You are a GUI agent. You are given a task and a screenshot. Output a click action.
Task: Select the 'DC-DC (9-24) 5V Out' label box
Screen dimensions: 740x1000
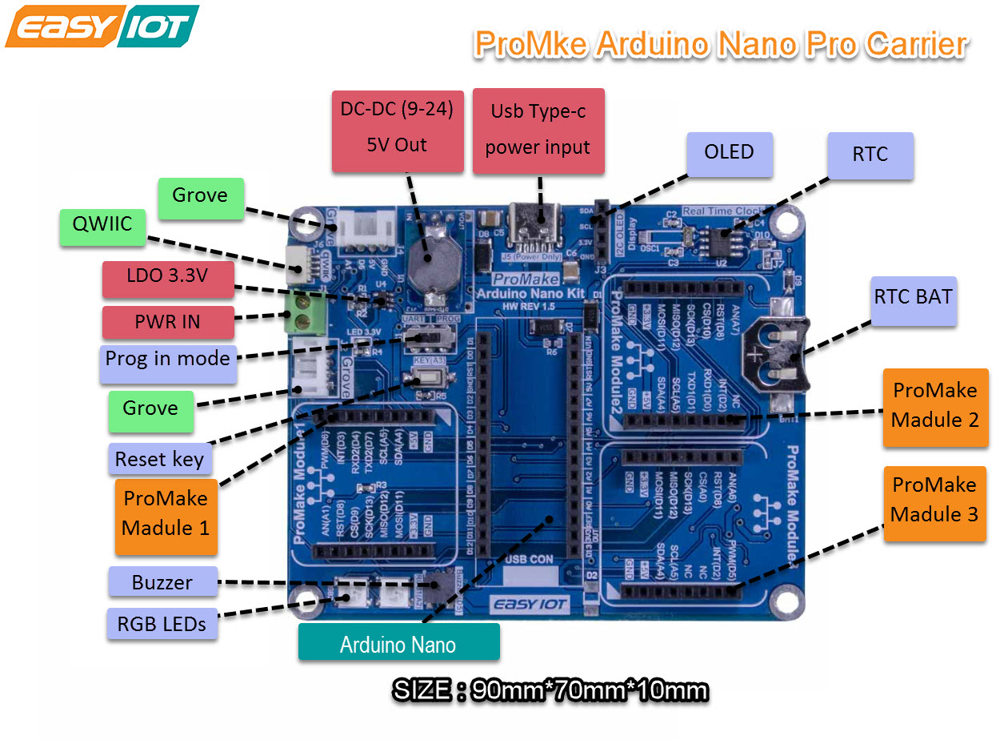coord(398,131)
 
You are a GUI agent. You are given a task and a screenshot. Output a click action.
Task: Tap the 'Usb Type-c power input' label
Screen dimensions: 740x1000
coord(538,131)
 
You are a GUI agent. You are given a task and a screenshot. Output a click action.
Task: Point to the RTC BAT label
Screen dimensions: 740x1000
coord(913,297)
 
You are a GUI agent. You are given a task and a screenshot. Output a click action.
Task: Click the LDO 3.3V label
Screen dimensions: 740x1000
coord(168,278)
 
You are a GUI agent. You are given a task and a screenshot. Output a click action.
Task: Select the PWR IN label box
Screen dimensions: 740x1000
coord(168,321)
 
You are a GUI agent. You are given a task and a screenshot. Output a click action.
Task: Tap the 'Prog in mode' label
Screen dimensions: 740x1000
coord(168,358)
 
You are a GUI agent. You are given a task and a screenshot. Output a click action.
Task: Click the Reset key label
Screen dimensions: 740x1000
coord(160,459)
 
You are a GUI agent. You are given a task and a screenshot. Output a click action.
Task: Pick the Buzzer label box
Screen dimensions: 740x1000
coord(162,582)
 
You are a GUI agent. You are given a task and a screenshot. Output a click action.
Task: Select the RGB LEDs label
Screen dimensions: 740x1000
coord(162,624)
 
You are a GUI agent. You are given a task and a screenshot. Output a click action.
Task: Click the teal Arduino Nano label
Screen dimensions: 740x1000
coord(398,643)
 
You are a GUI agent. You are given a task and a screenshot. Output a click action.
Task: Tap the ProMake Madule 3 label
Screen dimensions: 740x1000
coord(934,500)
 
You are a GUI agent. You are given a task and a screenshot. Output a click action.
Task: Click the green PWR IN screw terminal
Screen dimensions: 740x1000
coord(305,314)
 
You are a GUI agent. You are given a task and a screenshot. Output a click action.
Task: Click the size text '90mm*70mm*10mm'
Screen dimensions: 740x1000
coord(590,690)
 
